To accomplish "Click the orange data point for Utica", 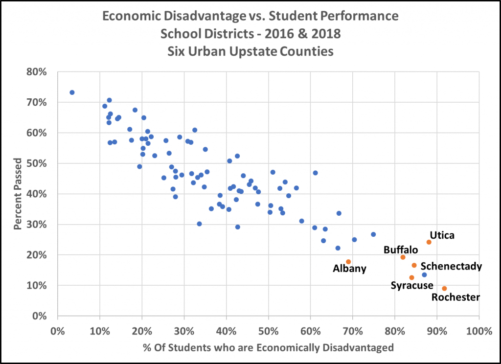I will point(429,242).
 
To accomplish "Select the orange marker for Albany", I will point(348,262).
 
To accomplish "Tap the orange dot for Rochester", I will point(444,289).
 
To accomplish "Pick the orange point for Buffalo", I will point(403,257).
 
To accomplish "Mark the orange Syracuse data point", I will point(412,277).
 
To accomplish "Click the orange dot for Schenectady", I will point(414,265).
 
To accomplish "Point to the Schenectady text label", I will point(451,267).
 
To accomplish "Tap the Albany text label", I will point(349,269).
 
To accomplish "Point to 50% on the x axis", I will point(268,330).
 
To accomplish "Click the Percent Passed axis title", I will point(18,194).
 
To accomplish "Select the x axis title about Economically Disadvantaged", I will point(268,348).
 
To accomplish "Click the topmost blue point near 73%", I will point(72,92).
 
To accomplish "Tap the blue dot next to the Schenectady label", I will point(424,275).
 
